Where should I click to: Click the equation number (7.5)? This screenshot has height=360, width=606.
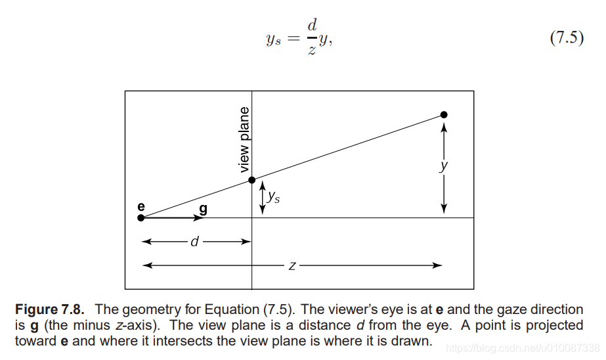[566, 37]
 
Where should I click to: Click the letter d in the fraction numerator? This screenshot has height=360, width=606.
[312, 26]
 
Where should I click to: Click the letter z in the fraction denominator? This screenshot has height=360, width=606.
[311, 51]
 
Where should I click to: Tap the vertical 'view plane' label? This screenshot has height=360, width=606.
[244, 139]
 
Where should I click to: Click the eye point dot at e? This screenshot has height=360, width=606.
[141, 218]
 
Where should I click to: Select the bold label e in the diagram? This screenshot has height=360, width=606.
[141, 206]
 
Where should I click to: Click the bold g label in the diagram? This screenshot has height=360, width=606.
[202, 208]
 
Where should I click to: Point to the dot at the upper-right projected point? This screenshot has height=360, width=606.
[444, 115]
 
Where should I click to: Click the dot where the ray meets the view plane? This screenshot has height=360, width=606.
[251, 180]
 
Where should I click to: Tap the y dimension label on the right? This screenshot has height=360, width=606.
[444, 166]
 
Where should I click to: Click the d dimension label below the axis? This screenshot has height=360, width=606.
[194, 242]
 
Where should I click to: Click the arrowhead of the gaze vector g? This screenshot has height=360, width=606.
[199, 218]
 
